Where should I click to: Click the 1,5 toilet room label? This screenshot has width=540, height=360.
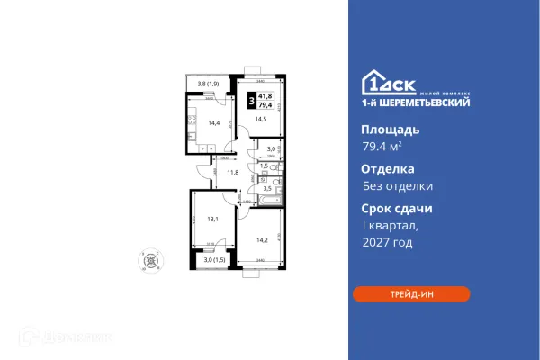coord(264,166)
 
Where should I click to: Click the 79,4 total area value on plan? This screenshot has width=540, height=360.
coord(266,105)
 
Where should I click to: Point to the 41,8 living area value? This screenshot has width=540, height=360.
coord(266,96)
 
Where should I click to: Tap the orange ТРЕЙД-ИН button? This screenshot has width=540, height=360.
coord(410,294)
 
